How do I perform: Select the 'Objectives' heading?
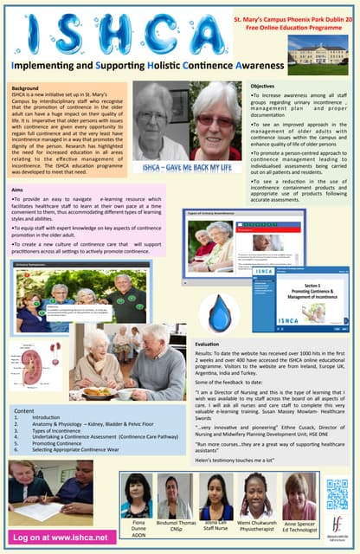tap(262, 87)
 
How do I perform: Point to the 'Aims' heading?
tap(17, 189)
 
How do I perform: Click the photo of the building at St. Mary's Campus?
tap(324, 51)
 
